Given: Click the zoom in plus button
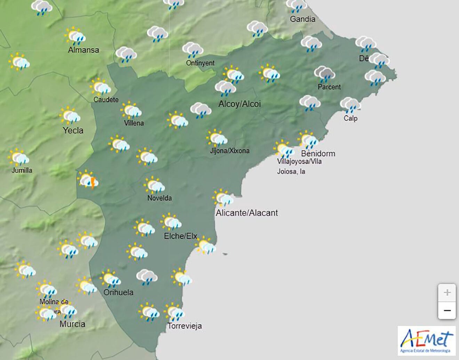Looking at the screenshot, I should [447, 293].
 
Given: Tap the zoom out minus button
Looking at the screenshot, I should [447, 310].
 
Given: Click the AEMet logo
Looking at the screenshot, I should [427, 341].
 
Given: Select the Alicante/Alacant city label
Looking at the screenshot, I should [247, 213].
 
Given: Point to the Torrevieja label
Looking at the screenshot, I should [184, 326].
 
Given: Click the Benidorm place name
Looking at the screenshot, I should [318, 153].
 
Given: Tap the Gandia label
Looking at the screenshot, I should [302, 19].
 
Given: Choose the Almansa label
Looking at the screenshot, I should [83, 50].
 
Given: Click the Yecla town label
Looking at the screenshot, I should [73, 130].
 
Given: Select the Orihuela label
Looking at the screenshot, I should [118, 292].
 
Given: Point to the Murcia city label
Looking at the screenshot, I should [72, 324].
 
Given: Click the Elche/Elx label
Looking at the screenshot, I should [180, 236].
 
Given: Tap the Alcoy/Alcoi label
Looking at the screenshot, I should [240, 104].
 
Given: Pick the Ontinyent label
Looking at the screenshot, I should [200, 63].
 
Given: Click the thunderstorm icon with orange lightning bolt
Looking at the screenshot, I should [89, 180].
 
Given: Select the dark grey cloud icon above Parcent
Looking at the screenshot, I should [324, 74].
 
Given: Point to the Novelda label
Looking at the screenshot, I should [160, 198].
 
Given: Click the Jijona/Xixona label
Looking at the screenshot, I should [229, 150].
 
